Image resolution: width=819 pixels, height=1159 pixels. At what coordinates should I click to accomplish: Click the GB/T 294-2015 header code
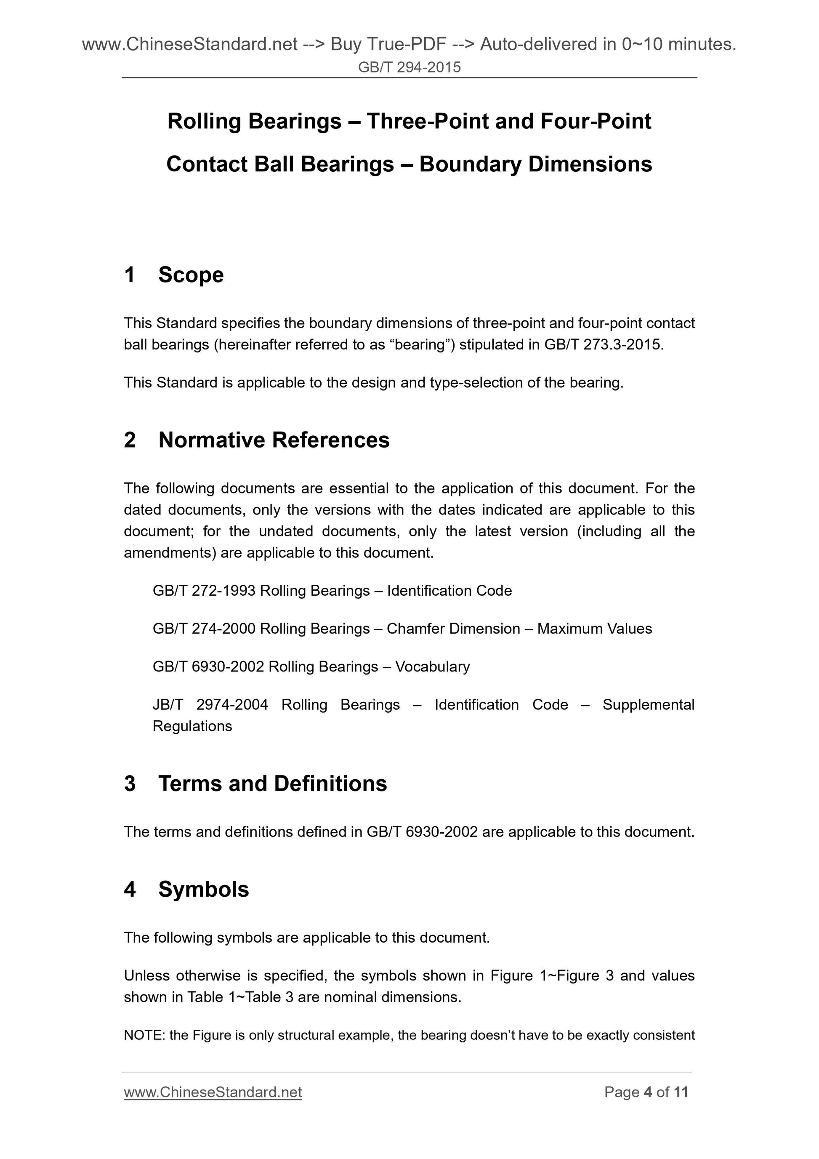[x=409, y=67]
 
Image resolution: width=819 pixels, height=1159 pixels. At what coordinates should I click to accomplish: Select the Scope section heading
[x=191, y=275]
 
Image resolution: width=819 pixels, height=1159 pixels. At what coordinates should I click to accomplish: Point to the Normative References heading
[x=274, y=440]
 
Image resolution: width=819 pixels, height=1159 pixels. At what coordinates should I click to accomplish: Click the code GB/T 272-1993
[x=204, y=591]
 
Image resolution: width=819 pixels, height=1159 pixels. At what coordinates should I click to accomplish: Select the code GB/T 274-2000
[x=204, y=629]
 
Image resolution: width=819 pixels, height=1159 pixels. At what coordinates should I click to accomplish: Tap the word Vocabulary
[x=433, y=666]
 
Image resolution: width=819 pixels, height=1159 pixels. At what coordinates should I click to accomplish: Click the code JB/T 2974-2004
[x=210, y=704]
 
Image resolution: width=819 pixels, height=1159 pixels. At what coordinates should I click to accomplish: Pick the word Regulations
[x=192, y=726]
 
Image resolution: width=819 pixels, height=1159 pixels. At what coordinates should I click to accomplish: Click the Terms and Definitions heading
[x=272, y=784]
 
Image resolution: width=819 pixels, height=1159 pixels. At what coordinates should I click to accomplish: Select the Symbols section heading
[x=203, y=890]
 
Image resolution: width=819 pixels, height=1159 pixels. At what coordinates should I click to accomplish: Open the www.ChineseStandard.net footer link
[x=213, y=1092]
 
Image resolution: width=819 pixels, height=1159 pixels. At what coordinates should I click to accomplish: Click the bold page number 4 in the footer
[x=648, y=1092]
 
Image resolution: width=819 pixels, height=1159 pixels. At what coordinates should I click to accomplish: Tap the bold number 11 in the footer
[x=681, y=1092]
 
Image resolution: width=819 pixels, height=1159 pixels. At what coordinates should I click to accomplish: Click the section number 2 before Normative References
[x=130, y=440]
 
